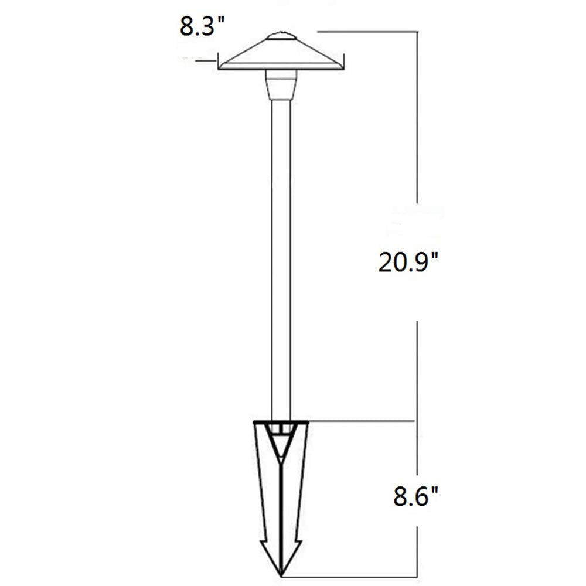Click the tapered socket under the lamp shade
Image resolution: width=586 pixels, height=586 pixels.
[x=281, y=86]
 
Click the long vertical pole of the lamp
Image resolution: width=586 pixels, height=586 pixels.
[x=281, y=258]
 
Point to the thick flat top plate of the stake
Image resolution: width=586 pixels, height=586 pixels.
[x=282, y=422]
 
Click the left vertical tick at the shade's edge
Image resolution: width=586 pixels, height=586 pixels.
[x=219, y=62]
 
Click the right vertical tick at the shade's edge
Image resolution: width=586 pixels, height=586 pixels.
[x=345, y=62]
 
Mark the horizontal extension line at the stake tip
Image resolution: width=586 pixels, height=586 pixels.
[x=352, y=573]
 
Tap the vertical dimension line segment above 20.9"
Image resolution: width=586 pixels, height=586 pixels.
[x=417, y=117]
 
